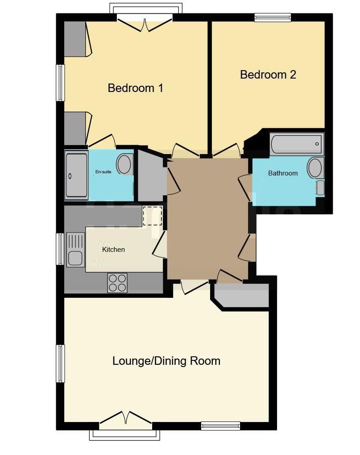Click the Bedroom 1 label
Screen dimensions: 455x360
(135, 88)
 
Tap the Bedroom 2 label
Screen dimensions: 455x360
(268, 75)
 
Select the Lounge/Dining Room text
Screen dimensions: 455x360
(166, 361)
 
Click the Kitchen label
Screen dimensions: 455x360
(113, 250)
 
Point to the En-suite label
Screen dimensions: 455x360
(103, 171)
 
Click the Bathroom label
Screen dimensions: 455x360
(282, 173)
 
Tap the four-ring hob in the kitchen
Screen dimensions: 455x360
(117, 283)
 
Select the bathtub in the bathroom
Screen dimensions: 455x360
(297, 144)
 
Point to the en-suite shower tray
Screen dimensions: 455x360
(77, 175)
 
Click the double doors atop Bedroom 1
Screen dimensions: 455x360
(145, 23)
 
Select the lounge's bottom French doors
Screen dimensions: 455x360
(125, 420)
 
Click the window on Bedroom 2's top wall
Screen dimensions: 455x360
(273, 17)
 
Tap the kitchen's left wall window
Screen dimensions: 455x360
(60, 249)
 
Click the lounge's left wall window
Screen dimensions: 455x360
(60, 363)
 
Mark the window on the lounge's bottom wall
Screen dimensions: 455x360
(220, 426)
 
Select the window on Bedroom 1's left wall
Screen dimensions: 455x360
(60, 83)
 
